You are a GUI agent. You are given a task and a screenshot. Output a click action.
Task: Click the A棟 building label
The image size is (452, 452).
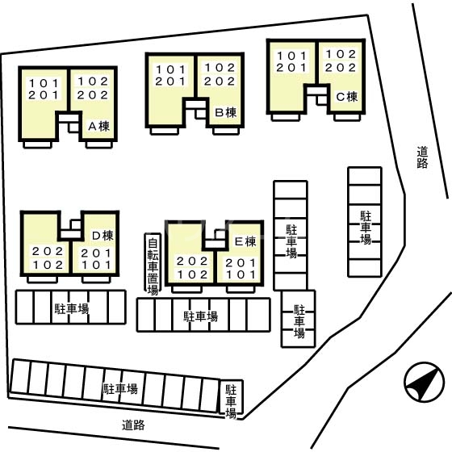click(98, 126)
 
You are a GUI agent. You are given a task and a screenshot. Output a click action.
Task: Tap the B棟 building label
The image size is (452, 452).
click(226, 112)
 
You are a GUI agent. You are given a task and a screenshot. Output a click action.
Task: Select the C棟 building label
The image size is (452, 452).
click(347, 97)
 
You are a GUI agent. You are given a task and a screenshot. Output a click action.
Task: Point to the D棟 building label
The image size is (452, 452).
click(103, 236)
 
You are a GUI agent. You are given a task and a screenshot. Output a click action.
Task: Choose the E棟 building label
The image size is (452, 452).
click(245, 241)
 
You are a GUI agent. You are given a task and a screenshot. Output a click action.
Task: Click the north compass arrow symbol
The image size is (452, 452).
click(425, 382)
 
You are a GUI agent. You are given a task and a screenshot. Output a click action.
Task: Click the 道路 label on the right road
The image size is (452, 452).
click(422, 157)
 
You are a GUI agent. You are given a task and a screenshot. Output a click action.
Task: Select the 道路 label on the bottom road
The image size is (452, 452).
click(133, 425)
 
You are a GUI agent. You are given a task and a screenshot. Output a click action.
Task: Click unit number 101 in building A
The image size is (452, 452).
click(44, 83)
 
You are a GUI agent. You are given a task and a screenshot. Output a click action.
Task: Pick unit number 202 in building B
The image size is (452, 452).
click(220, 82)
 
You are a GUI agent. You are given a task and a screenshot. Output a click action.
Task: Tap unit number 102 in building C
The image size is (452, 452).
click(341, 54)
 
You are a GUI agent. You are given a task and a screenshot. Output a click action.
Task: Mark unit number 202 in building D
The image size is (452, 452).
click(48, 251)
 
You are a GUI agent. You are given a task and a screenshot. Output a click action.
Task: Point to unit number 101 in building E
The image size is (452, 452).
click(241, 274)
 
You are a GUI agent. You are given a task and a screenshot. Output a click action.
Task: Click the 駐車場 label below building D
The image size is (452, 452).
click(72, 308)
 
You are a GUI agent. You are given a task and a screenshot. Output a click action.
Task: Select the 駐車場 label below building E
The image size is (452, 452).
click(201, 316)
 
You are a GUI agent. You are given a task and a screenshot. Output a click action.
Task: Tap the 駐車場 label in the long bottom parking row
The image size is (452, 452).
click(120, 389)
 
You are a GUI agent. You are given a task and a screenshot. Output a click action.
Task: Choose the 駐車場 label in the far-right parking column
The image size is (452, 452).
click(366, 228)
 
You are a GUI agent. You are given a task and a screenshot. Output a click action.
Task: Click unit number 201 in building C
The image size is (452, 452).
click(291, 68)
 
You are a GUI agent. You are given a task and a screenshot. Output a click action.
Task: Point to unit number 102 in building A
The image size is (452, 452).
click(93, 82)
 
